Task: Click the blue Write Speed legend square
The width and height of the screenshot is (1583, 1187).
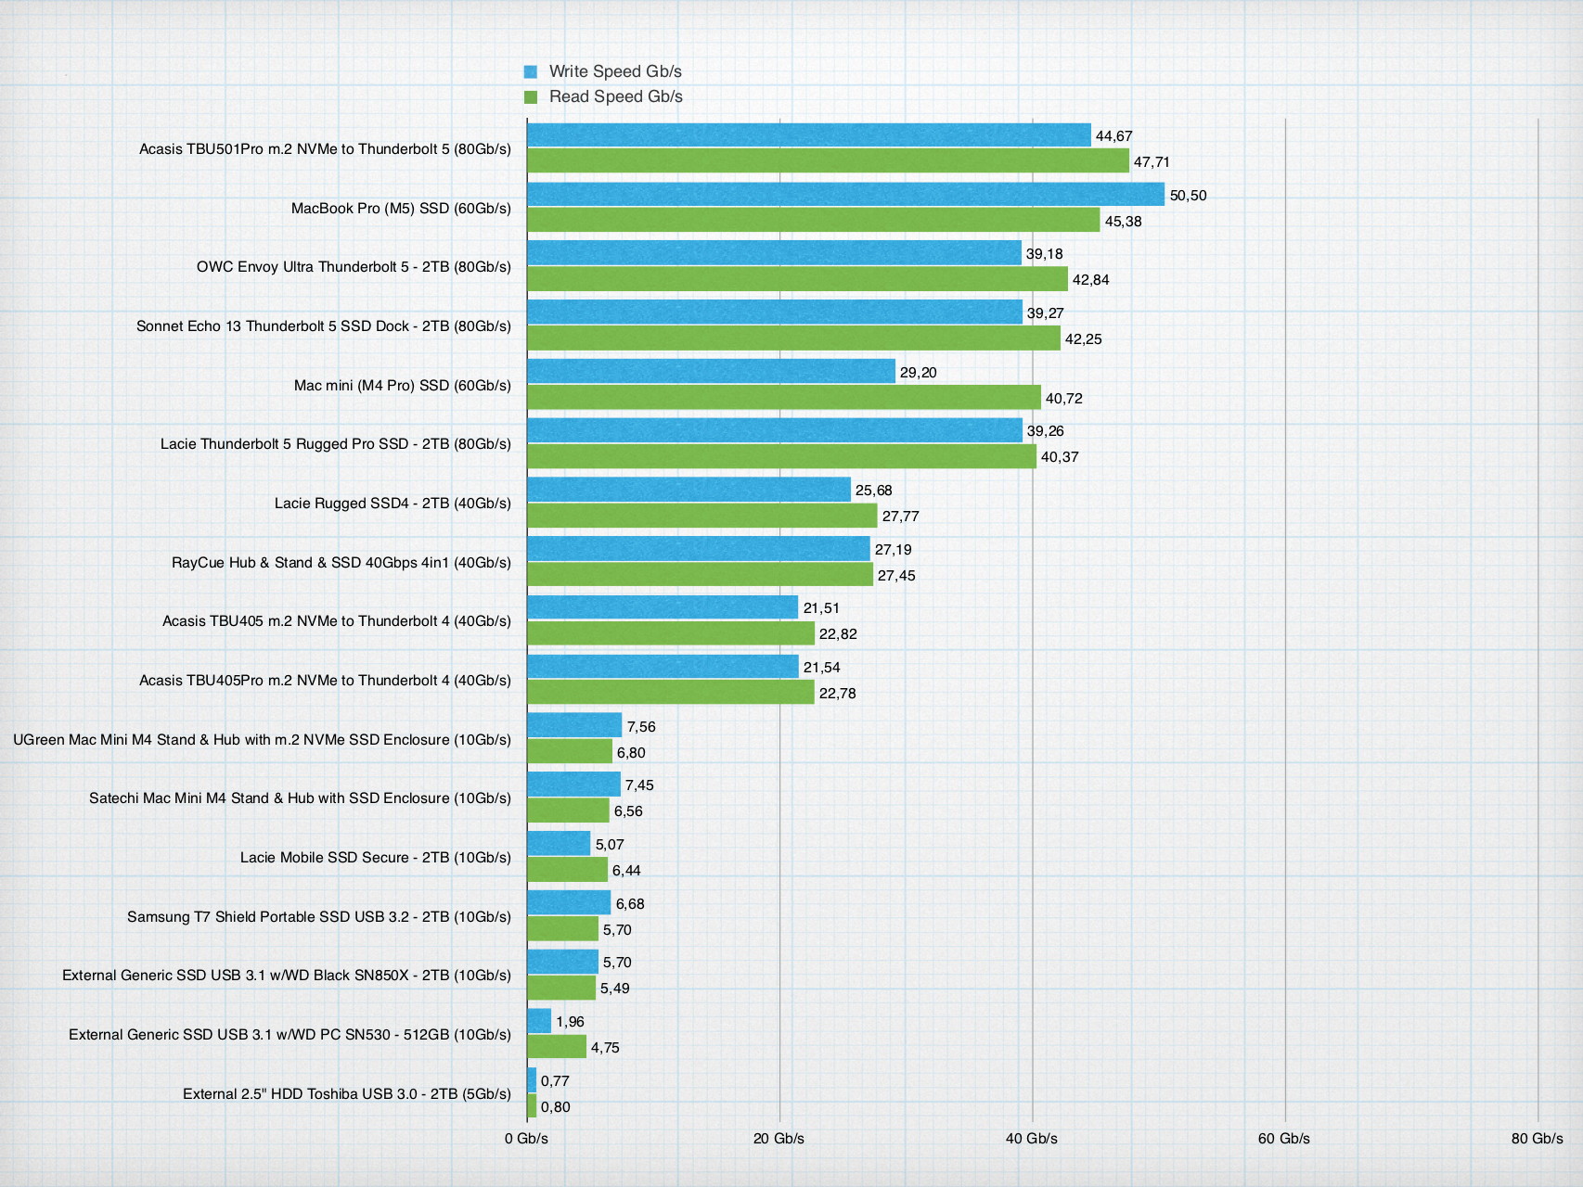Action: point(531,71)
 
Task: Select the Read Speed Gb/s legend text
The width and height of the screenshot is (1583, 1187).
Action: point(615,96)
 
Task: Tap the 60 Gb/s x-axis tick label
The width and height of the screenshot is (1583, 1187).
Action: point(1283,1138)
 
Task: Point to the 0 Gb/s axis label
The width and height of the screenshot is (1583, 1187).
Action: point(526,1138)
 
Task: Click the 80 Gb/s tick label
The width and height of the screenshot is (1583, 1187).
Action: point(1537,1138)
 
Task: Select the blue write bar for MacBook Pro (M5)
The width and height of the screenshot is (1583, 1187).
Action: point(844,195)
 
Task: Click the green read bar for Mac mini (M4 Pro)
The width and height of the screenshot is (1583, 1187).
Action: point(783,398)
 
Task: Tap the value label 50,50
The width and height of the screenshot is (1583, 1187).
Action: point(1188,196)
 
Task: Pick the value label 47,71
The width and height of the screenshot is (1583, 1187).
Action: point(1152,162)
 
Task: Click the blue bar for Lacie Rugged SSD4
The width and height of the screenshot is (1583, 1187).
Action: point(689,490)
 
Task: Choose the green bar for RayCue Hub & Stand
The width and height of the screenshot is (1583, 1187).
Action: point(700,575)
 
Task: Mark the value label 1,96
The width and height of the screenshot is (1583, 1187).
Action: point(570,1022)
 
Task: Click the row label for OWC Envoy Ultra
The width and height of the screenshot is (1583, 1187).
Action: point(354,267)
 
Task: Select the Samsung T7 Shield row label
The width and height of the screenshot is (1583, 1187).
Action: point(319,917)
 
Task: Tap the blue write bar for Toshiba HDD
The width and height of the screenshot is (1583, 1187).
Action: point(532,1080)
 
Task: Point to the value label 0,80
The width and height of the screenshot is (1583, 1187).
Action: point(555,1107)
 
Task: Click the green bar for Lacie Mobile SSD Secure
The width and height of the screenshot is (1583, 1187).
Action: point(567,870)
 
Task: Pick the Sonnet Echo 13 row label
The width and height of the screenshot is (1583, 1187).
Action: point(323,326)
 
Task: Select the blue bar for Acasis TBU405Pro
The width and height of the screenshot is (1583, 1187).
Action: point(663,667)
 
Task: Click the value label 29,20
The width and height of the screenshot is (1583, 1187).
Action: point(918,373)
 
